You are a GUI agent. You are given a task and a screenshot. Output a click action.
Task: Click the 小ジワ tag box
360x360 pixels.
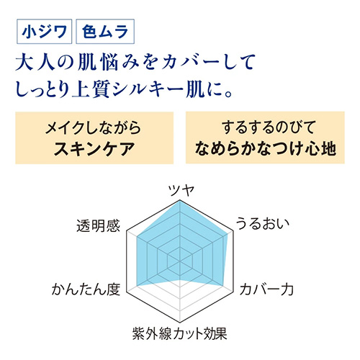(44, 32)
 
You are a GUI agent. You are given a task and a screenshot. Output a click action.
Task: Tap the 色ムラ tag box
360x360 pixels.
(105, 32)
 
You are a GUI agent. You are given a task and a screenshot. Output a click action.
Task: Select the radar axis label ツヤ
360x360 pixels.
(181, 191)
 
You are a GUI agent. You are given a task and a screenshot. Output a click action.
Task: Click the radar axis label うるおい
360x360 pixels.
(263, 223)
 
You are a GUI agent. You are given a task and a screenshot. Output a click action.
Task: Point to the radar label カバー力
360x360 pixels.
(266, 289)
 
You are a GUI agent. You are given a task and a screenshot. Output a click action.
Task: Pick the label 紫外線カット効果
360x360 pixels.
(180, 333)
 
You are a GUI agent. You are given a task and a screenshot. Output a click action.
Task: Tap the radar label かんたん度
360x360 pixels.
(86, 289)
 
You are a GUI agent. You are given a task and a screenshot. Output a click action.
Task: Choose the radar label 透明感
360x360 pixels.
(98, 226)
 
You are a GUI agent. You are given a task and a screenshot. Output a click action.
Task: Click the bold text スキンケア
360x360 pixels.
(94, 149)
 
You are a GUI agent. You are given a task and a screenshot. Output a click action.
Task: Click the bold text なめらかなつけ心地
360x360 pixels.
(265, 148)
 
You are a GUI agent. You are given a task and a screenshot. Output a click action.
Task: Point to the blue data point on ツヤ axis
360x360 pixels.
(180, 201)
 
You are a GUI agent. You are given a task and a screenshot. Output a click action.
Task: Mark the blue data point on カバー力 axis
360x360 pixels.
(223, 286)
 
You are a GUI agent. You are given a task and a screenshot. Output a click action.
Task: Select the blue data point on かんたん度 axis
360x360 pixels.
(137, 286)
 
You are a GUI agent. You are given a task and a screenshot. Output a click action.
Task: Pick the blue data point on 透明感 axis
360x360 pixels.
(137, 236)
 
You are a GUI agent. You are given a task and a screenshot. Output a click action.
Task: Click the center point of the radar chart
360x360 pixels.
(180, 261)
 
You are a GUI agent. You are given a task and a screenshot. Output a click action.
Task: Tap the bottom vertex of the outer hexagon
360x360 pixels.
(180, 323)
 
